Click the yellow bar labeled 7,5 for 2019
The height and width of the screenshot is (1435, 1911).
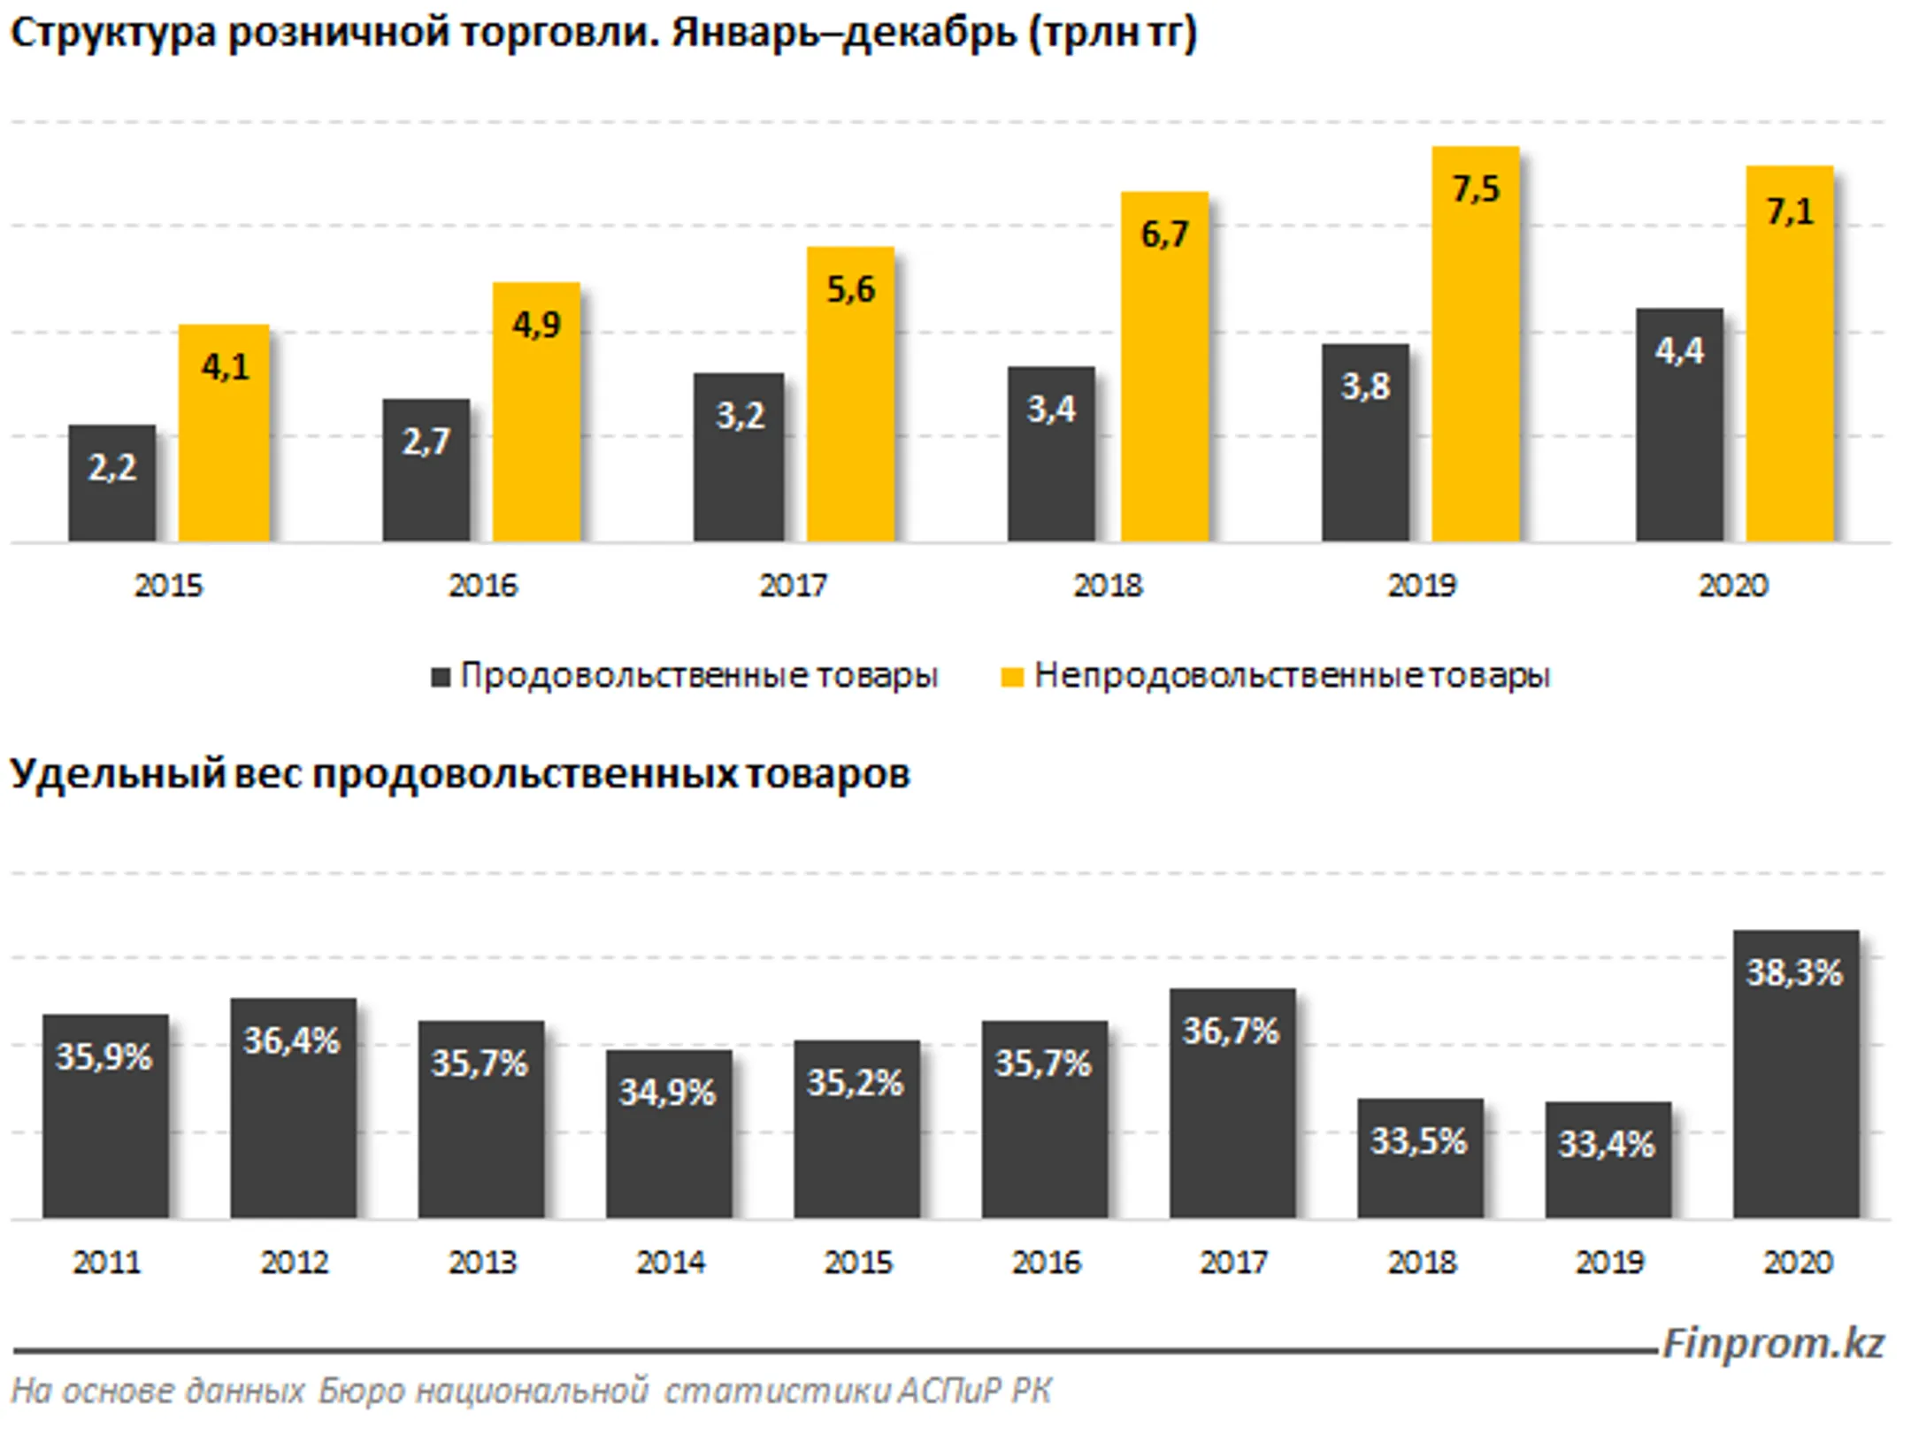[1476, 344]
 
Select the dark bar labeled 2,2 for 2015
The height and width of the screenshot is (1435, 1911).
[112, 483]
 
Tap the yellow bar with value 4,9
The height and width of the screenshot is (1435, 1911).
[536, 412]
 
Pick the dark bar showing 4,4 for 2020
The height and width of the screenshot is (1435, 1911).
[1679, 425]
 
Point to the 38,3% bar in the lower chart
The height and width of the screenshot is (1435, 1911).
[1796, 1074]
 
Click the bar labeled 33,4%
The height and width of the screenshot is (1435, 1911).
[1608, 1160]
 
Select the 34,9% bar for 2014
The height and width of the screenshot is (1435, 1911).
[669, 1134]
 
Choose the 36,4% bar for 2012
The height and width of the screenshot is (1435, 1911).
[294, 1109]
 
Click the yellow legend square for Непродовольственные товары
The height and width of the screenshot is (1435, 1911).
[1011, 678]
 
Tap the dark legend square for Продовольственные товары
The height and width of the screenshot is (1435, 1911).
[441, 678]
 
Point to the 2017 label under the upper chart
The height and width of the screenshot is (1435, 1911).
[794, 586]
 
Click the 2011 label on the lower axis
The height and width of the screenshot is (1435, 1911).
[106, 1262]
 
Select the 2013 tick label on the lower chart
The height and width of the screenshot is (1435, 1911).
[482, 1262]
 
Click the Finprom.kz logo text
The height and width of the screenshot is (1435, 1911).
[1773, 1344]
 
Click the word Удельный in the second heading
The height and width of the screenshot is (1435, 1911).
[118, 776]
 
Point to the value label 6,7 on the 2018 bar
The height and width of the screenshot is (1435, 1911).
[1164, 235]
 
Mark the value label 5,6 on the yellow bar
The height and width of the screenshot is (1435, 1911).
[850, 290]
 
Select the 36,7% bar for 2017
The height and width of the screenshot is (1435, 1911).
[1232, 1103]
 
